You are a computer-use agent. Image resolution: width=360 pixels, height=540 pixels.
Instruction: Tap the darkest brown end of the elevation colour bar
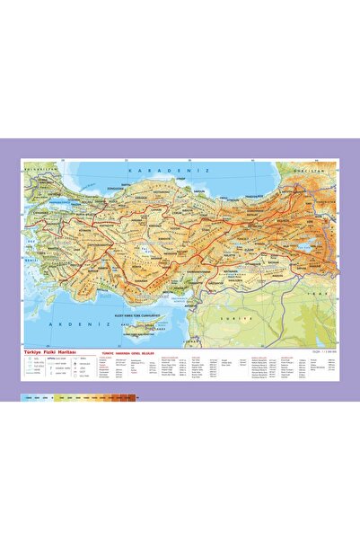click(136, 396)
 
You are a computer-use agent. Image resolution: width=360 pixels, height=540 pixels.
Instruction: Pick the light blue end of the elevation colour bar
click(29, 396)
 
